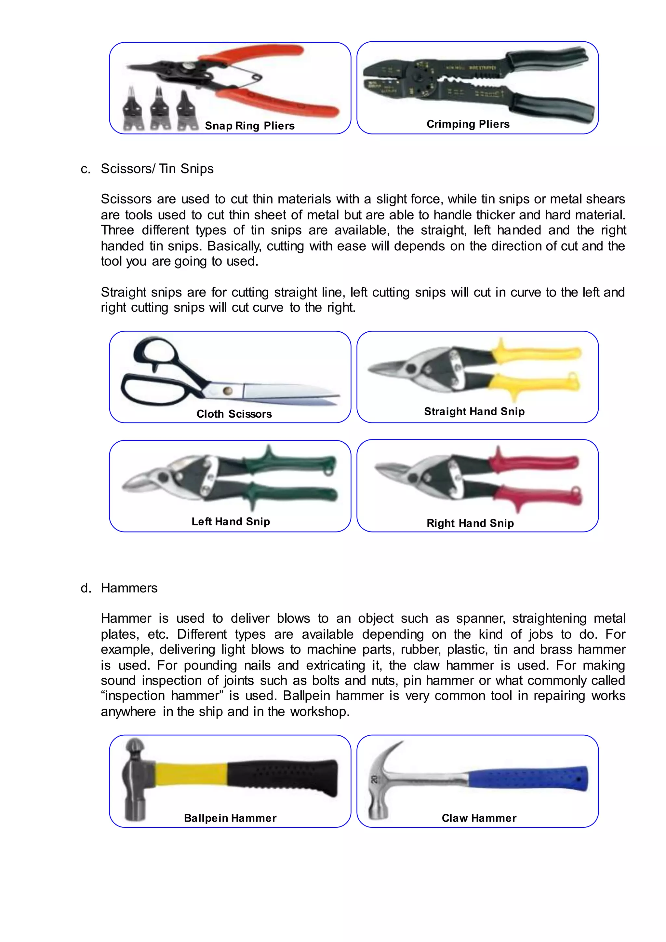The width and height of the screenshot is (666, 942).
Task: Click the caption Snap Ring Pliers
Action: pyautogui.click(x=249, y=126)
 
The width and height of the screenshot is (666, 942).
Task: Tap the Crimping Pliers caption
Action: pyautogui.click(x=468, y=124)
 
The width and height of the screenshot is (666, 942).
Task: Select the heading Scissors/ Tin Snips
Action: pyautogui.click(x=157, y=169)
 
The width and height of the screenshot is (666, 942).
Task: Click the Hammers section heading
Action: pyautogui.click(x=129, y=588)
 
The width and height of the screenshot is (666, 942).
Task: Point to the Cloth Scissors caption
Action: pyautogui.click(x=234, y=414)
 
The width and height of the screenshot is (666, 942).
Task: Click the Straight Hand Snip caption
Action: pyautogui.click(x=474, y=411)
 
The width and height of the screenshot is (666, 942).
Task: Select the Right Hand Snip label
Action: pyautogui.click(x=470, y=523)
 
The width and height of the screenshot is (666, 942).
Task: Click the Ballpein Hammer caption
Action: pyautogui.click(x=230, y=818)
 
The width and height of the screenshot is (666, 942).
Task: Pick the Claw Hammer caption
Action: pyautogui.click(x=479, y=818)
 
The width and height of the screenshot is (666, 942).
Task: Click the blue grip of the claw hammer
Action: pyautogui.click(x=529, y=777)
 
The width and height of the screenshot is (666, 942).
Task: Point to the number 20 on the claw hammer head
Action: pyautogui.click(x=374, y=779)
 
